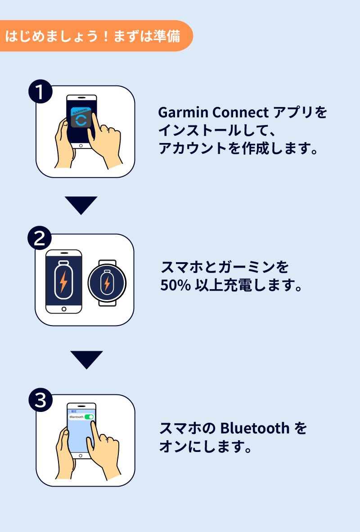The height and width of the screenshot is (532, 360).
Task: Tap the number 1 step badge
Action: pyautogui.click(x=40, y=93)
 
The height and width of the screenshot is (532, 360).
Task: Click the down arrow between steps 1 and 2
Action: pyautogui.click(x=81, y=205)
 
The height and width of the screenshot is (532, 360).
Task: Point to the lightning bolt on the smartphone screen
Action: pyautogui.click(x=63, y=282)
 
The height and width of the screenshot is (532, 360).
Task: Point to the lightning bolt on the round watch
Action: pyautogui.click(x=107, y=284)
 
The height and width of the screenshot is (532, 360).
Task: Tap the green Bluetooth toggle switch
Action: pyautogui.click(x=89, y=417)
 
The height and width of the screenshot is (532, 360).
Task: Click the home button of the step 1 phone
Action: pyautogui.click(x=81, y=146)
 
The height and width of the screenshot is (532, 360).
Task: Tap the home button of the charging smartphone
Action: pyautogui.click(x=64, y=309)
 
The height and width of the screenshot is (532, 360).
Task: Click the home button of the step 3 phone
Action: pyautogui.click(x=81, y=456)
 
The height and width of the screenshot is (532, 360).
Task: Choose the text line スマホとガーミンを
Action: pyautogui.click(x=224, y=268)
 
